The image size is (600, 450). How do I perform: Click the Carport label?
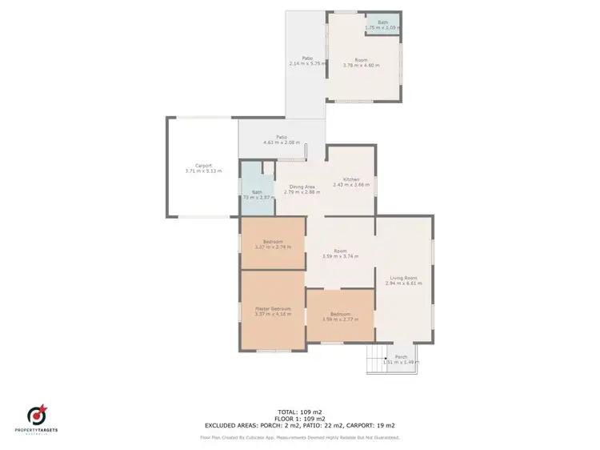pyautogui.click(x=203, y=165)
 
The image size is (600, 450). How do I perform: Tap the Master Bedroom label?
pyautogui.click(x=273, y=308)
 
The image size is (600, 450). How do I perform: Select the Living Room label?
pyautogui.click(x=403, y=278)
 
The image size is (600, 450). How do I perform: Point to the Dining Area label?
pyautogui.click(x=303, y=187)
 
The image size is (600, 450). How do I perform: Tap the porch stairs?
pyautogui.click(x=376, y=363)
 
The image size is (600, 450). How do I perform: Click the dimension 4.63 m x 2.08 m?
pyautogui.click(x=282, y=143)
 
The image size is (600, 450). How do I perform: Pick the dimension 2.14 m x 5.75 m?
pyautogui.click(x=306, y=64)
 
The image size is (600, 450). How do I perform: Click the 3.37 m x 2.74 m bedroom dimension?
pyautogui.click(x=273, y=247)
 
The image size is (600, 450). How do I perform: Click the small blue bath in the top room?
pyautogui.click(x=382, y=24)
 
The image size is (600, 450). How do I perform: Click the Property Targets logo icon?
pyautogui.click(x=37, y=415)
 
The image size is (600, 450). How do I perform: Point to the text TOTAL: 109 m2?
pyautogui.click(x=299, y=412)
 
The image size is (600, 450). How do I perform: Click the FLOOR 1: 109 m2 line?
pyautogui.click(x=299, y=420)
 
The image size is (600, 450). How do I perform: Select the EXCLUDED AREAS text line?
pyautogui.click(x=299, y=427)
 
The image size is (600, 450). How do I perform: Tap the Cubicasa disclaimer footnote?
pyautogui.click(x=299, y=437)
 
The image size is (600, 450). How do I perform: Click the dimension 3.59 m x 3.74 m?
pyautogui.click(x=341, y=256)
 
